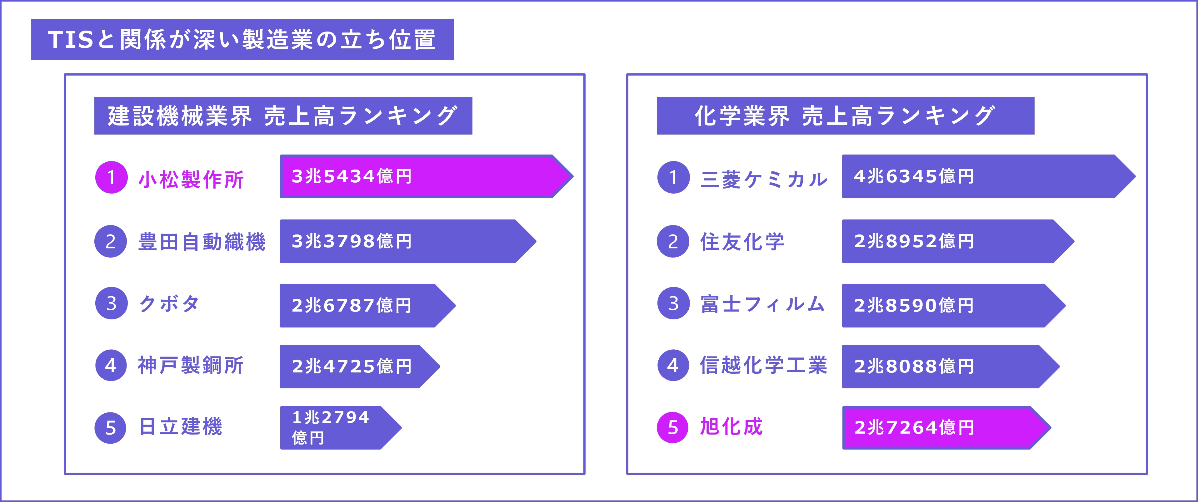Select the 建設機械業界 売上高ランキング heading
coord(283,116)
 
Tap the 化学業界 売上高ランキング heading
coord(845,116)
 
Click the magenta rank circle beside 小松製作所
coord(111,177)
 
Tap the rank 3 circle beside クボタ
coord(111,303)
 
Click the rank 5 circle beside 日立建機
coord(111,428)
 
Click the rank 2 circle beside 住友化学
coord(673,242)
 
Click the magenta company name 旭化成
coord(731,427)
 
